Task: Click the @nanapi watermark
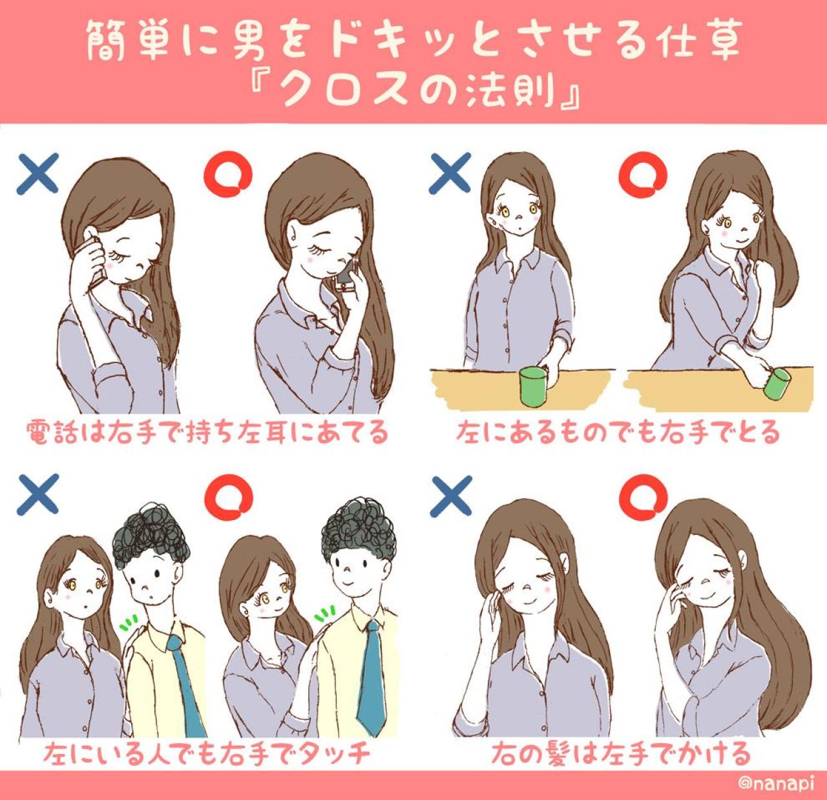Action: [775, 783]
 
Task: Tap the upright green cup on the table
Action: [533, 387]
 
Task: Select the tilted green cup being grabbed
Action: [777, 384]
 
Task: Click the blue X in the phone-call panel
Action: [37, 174]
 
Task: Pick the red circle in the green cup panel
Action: [642, 175]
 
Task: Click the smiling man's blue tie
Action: [372, 678]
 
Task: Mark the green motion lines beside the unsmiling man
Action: [128, 623]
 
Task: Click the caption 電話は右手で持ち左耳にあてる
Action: [207, 432]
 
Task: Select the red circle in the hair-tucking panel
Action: [643, 497]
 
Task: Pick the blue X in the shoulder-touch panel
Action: [37, 495]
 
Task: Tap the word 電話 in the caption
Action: [53, 432]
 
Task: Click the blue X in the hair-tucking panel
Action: [450, 496]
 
